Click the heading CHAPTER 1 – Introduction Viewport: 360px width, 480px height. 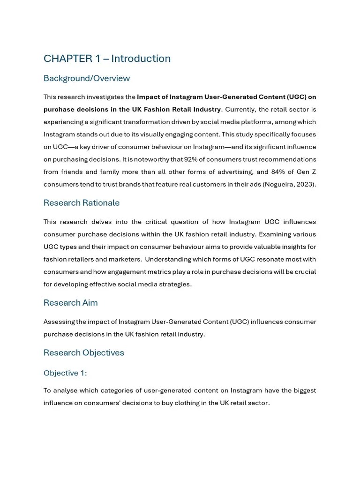coord(107,59)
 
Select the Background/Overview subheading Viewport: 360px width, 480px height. coord(87,78)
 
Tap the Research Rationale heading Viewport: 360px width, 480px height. coord(82,203)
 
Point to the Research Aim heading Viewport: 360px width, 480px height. coord(71,303)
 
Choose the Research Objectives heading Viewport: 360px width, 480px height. coord(84,353)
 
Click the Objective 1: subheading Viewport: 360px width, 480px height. coord(65,373)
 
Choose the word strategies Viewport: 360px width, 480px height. coord(174,284)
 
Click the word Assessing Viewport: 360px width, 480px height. coord(60,322)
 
